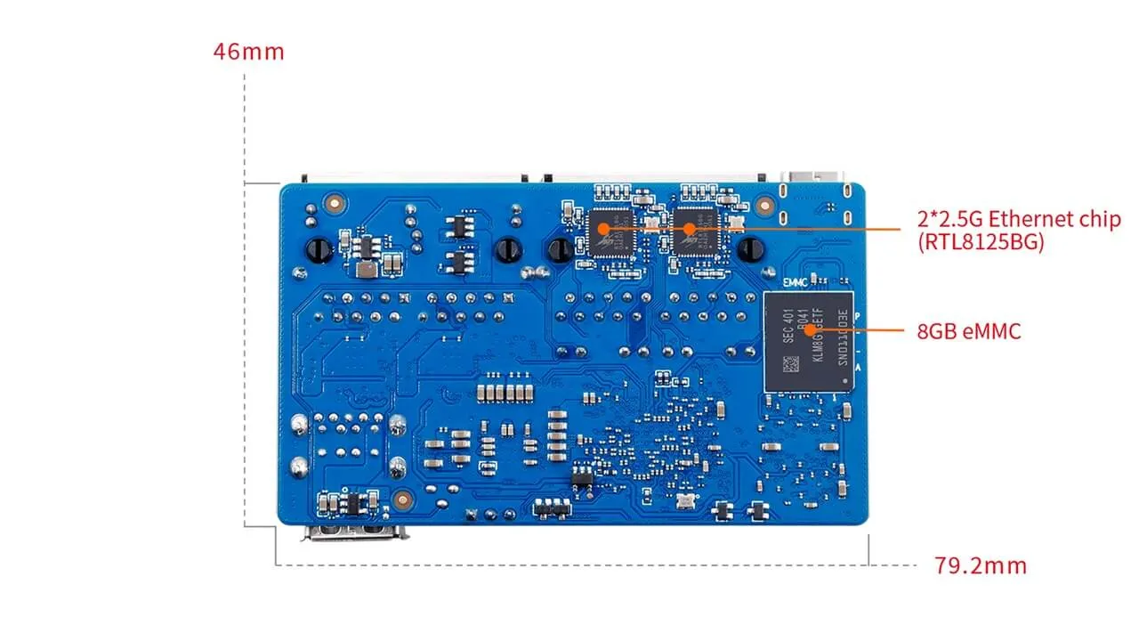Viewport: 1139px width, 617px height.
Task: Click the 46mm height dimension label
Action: tap(248, 51)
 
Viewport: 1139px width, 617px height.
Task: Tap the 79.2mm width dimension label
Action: tap(980, 565)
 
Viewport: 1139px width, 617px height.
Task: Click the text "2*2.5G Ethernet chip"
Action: tap(1019, 219)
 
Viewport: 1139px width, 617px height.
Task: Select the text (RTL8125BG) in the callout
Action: tap(980, 241)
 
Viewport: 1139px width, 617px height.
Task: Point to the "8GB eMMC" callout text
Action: tap(969, 332)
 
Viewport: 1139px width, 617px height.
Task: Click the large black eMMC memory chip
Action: tap(808, 340)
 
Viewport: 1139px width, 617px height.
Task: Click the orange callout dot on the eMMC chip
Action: tap(810, 331)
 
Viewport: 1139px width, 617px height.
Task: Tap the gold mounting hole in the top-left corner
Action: tap(334, 203)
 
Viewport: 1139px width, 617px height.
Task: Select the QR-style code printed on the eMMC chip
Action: tap(788, 363)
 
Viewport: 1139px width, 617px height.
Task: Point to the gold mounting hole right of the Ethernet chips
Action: tap(763, 205)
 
